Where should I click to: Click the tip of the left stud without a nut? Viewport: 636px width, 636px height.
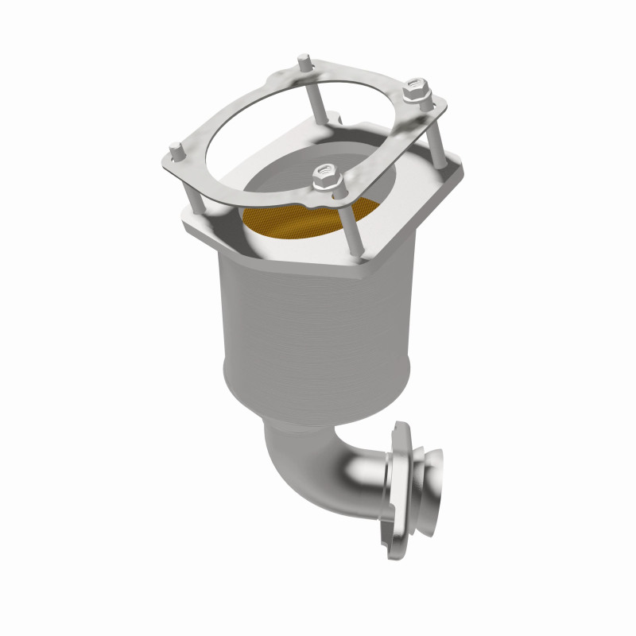click(173, 149)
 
